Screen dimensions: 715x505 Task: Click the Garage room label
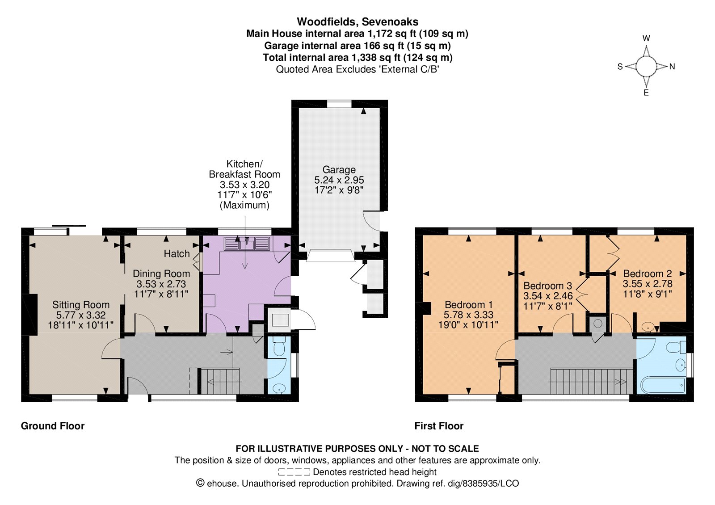(339, 169)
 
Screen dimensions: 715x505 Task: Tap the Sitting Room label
(81, 305)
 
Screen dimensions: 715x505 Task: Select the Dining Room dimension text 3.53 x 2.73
(161, 284)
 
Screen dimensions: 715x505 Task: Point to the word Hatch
(177, 254)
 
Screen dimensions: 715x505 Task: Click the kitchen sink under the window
(247, 244)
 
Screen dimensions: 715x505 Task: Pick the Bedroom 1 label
(469, 304)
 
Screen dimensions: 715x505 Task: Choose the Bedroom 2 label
(648, 274)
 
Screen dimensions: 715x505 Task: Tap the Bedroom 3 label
(548, 286)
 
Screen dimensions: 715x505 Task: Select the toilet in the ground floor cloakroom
(280, 346)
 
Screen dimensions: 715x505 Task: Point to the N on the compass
(672, 67)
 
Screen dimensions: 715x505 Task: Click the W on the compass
(646, 38)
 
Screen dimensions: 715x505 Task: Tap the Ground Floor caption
(53, 426)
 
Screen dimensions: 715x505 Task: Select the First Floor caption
(439, 426)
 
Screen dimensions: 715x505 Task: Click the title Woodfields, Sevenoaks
(357, 22)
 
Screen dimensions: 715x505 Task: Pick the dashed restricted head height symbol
(294, 472)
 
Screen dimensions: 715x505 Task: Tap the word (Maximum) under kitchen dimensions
(244, 205)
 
